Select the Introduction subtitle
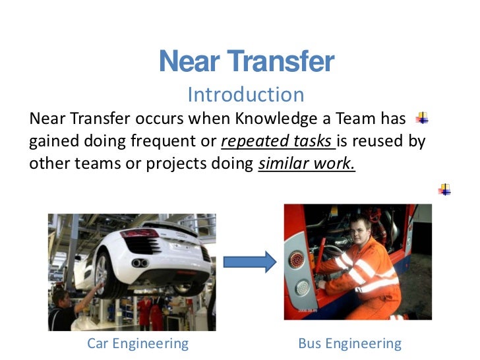tap(245, 95)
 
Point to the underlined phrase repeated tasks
tap(278, 141)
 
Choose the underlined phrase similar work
tap(306, 164)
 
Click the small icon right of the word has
tap(422, 119)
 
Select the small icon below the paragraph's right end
tap(445, 189)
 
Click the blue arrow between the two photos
tap(250, 262)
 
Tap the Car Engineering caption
tap(138, 343)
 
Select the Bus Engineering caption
tap(349, 343)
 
